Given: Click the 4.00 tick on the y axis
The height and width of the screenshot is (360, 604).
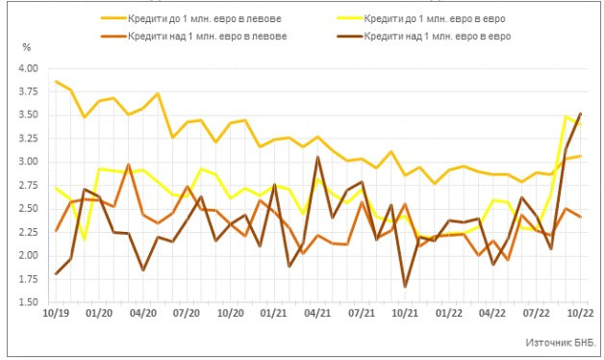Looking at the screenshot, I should pyautogui.click(x=27, y=68).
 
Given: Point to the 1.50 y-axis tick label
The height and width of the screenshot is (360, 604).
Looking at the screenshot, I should pyautogui.click(x=27, y=301).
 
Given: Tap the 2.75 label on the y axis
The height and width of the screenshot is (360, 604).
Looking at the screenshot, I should pyautogui.click(x=27, y=185).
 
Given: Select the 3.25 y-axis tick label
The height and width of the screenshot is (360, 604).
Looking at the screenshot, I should pyautogui.click(x=27, y=139).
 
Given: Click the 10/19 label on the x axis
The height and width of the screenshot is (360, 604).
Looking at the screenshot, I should pyautogui.click(x=56, y=313).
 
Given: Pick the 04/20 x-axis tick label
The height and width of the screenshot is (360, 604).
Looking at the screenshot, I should pyautogui.click(x=143, y=313).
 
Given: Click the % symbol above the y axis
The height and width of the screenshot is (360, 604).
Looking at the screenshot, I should pyautogui.click(x=27, y=47).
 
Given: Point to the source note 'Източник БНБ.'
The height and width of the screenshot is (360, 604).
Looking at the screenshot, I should pyautogui.click(x=561, y=342).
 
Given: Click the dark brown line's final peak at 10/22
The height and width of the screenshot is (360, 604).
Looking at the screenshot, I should pyautogui.click(x=579, y=114).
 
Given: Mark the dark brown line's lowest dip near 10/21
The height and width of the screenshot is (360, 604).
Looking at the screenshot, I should pyautogui.click(x=405, y=286).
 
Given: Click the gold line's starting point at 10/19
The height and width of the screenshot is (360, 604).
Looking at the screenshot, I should pyautogui.click(x=57, y=82).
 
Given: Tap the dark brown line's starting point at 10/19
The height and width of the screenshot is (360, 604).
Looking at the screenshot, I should pyautogui.click(x=57, y=273).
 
